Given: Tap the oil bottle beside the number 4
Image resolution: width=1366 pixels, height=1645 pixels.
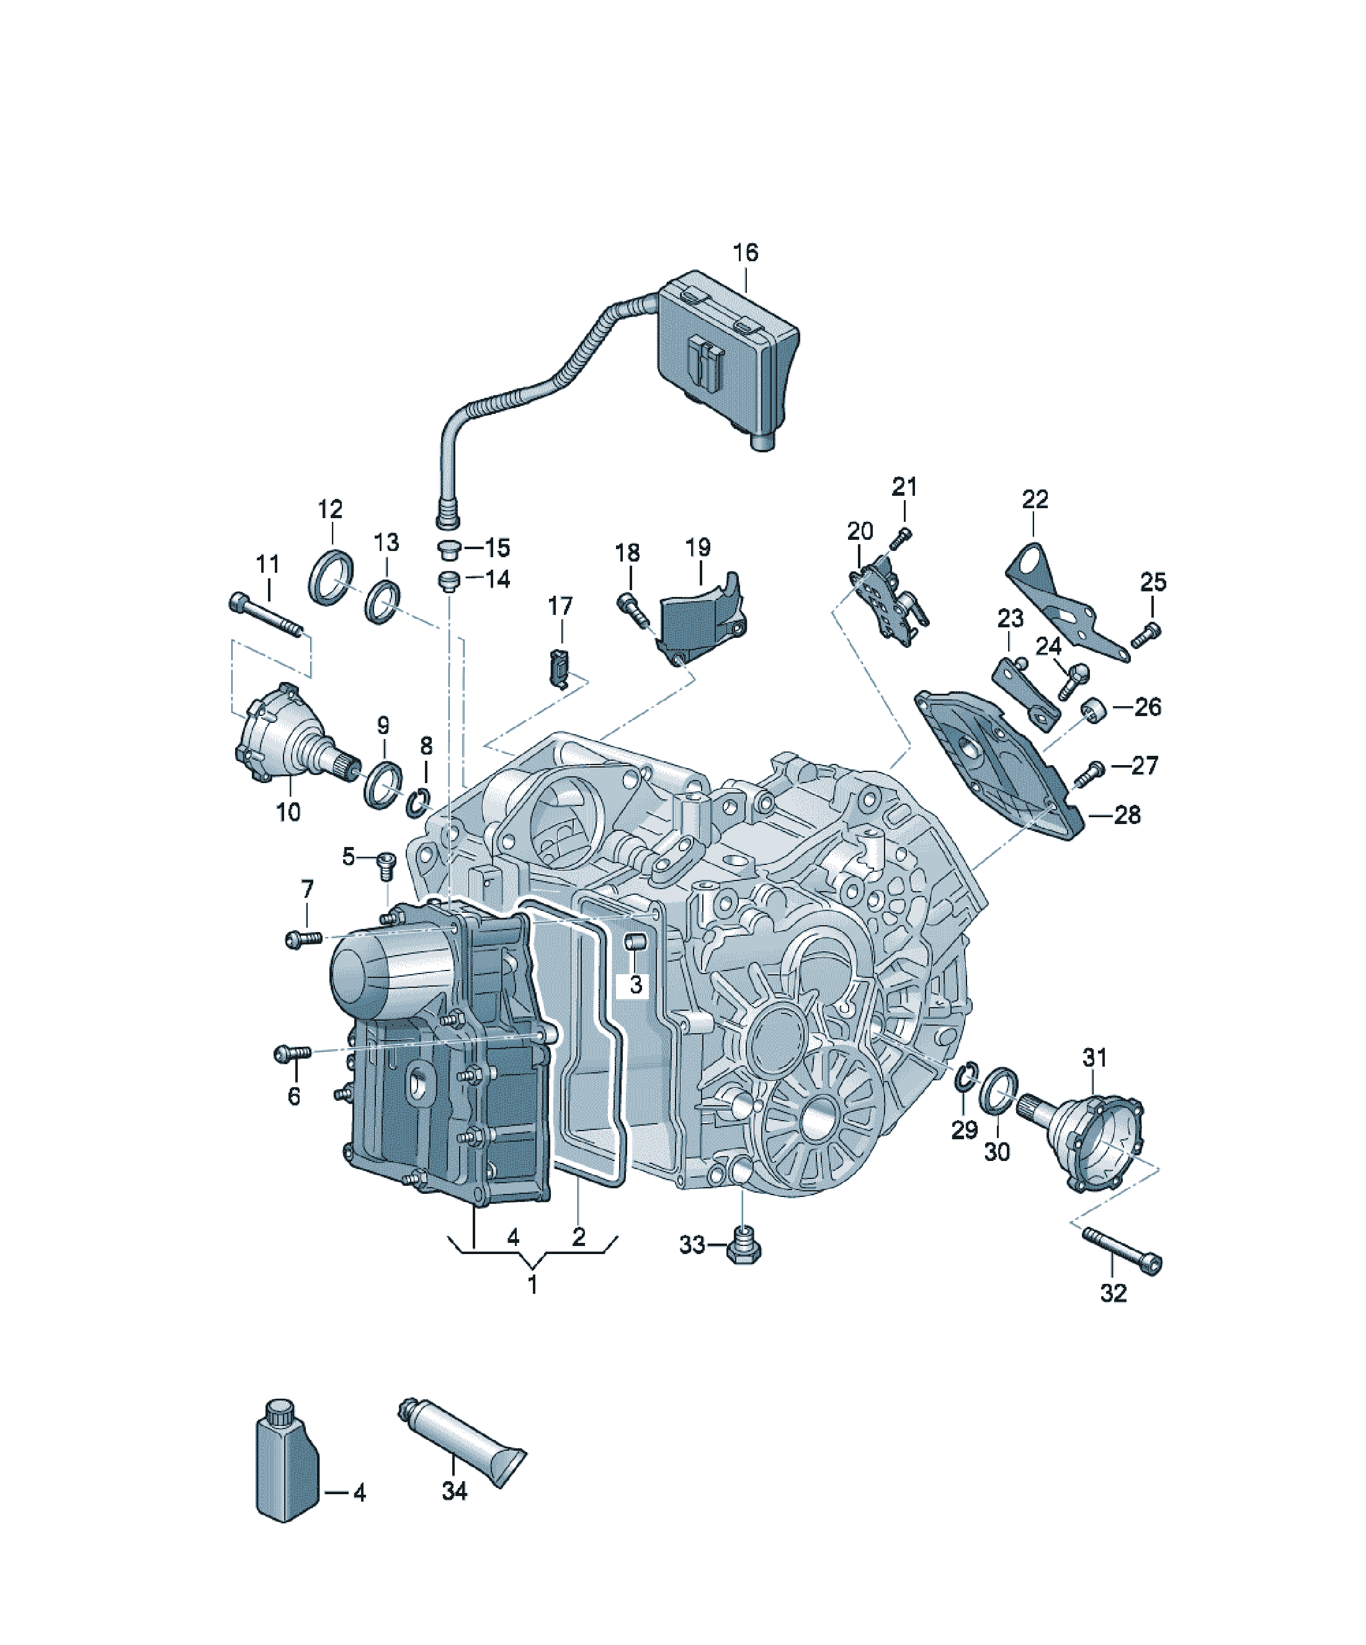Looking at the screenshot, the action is (x=287, y=1461).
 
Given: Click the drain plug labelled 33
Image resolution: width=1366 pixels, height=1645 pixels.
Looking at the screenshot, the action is (x=743, y=1245).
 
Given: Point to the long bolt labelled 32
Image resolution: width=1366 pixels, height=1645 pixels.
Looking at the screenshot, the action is (x=1122, y=1251).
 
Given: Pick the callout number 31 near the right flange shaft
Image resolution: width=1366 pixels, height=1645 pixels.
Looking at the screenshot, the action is (x=1094, y=1057).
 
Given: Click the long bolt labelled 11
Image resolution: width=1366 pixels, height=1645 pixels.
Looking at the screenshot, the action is (x=266, y=616).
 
